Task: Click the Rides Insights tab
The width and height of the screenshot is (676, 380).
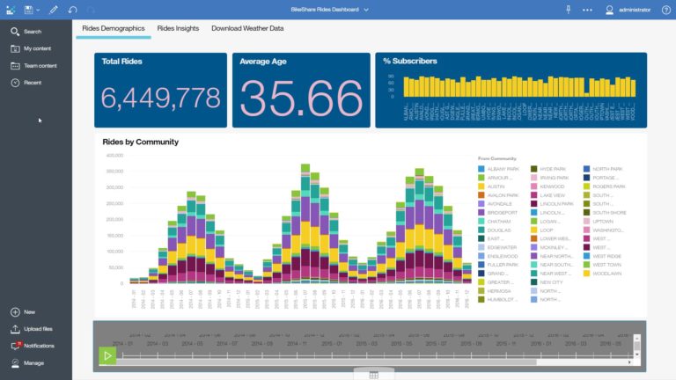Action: coord(178,28)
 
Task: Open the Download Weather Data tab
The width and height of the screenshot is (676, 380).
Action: coord(247,28)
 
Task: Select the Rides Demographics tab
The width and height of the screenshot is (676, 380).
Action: coord(113,28)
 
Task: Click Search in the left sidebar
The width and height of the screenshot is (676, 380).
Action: coord(32,32)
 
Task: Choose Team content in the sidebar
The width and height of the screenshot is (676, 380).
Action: coord(40,65)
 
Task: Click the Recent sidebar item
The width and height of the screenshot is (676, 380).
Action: coord(33,82)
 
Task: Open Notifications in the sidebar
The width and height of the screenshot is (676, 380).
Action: coord(39,346)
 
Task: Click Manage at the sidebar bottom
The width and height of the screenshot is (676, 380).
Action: coord(33,362)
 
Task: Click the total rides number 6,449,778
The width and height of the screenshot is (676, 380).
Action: coord(161,98)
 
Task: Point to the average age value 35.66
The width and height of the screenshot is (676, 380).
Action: coord(301,97)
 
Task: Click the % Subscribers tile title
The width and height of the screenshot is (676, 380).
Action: coord(410,61)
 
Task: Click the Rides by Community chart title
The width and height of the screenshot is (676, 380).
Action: coord(140,142)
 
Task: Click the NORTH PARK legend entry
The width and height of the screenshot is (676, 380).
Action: coord(606,168)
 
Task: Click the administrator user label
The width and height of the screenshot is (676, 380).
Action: coord(635,10)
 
